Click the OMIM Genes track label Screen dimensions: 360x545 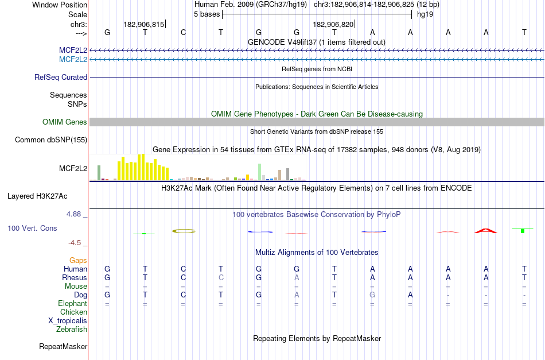tap(65, 122)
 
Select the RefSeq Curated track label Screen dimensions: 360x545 tap(61, 78)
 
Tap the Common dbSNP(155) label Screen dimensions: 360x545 tap(51, 140)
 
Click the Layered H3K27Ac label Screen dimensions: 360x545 tap(37, 196)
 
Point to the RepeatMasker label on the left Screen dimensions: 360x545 tap(63, 346)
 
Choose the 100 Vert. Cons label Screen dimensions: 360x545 tap(32, 228)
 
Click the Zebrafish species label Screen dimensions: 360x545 tap(72, 330)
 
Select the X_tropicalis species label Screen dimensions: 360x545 tap(68, 321)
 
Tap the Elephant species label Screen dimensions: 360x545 tap(72, 303)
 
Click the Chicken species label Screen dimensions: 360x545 tap(73, 312)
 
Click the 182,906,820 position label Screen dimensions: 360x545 tap(333, 25)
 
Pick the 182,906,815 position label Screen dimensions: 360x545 tap(144, 25)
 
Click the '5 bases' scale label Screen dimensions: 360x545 tap(207, 14)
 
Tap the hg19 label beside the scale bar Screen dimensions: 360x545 tap(425, 14)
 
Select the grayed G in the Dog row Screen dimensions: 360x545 tap(372, 295)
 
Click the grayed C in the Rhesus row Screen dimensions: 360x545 tap(221, 277)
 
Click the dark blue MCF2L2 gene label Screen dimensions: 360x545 tap(73, 50)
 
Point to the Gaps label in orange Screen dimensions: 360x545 tap(78, 260)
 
